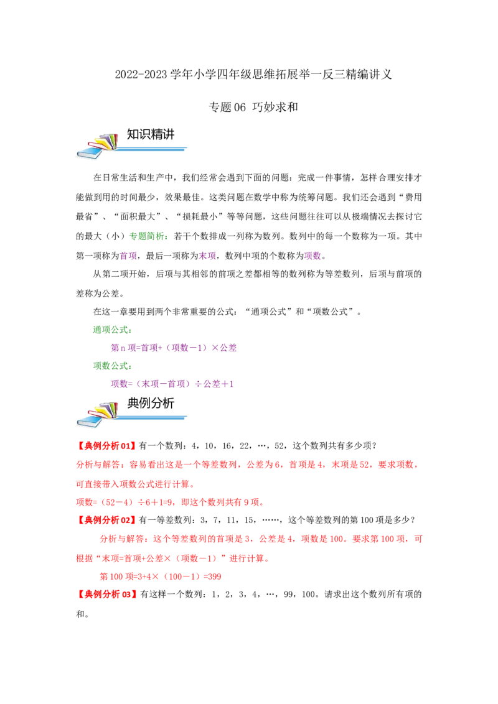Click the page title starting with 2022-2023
click(253, 74)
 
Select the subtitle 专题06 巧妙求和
click(253, 107)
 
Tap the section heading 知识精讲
click(151, 134)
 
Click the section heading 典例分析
click(151, 403)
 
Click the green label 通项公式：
click(113, 330)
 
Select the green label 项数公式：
click(113, 366)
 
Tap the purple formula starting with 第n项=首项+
click(174, 348)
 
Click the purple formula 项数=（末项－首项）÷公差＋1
click(172, 384)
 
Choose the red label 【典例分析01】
click(106, 445)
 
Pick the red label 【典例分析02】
click(106, 520)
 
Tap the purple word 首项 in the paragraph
click(128, 256)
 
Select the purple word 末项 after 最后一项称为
click(208, 256)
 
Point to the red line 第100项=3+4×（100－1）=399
click(161, 577)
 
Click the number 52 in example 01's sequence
click(279, 445)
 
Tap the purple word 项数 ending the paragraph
click(313, 256)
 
